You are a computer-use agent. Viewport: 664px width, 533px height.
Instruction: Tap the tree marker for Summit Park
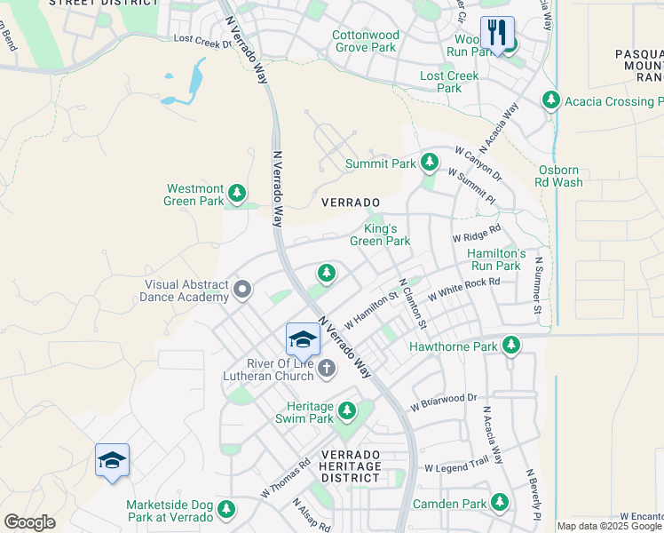tap(430, 162)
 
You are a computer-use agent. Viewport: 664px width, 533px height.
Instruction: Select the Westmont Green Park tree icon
tap(237, 192)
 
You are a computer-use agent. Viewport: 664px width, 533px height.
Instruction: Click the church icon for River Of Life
tap(326, 368)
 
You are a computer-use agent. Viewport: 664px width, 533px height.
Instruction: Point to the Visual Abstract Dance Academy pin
tap(241, 290)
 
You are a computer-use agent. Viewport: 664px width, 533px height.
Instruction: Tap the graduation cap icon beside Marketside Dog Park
tap(113, 460)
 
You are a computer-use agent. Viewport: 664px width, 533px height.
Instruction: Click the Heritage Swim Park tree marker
tap(347, 410)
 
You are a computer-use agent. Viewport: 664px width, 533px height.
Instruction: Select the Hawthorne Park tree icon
tap(510, 344)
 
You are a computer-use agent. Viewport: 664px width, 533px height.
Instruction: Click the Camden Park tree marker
tap(501, 504)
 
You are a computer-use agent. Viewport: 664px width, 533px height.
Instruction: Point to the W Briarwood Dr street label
tap(444, 402)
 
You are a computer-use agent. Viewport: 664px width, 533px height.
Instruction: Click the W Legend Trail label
tap(456, 466)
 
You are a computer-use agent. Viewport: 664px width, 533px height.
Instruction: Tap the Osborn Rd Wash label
tap(560, 176)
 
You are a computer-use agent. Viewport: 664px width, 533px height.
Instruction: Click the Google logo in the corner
tap(29, 521)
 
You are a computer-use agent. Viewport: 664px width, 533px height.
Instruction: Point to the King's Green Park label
tap(380, 235)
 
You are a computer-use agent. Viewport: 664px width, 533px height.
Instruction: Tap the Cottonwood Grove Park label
tap(365, 41)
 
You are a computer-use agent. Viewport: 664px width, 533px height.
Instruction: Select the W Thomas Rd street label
tap(285, 477)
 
